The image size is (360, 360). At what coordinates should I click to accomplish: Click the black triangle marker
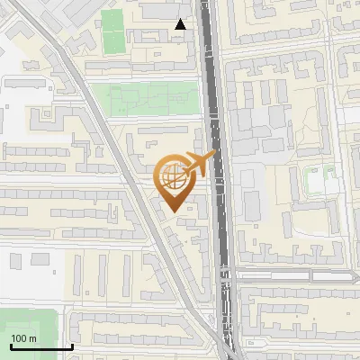(x=181, y=24)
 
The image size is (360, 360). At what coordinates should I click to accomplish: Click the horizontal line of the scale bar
(x=40, y=347)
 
